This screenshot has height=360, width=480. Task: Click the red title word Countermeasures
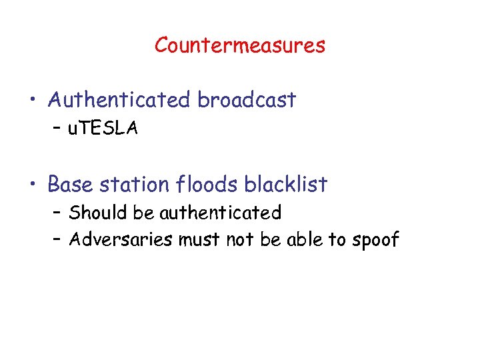tap(240, 46)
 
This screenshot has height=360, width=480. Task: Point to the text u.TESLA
tap(103, 129)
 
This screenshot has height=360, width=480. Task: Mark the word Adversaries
tap(121, 239)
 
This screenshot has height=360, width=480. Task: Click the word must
tap(199, 240)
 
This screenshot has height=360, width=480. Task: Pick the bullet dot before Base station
tap(33, 185)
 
